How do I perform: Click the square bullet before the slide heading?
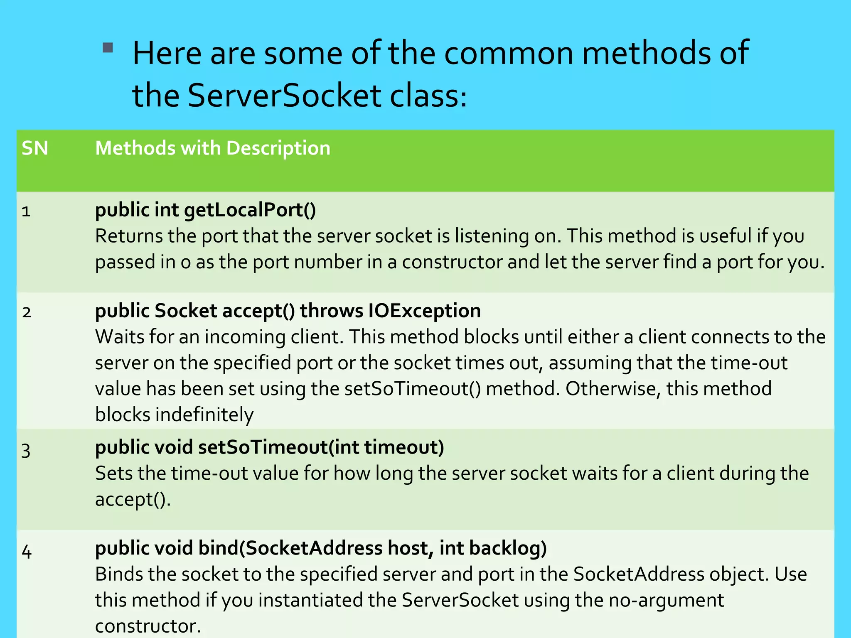click(x=108, y=48)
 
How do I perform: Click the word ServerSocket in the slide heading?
click(x=284, y=96)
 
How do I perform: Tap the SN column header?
click(x=35, y=148)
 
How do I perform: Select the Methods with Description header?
click(x=213, y=148)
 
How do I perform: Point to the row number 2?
click(x=27, y=312)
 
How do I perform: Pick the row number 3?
click(x=26, y=451)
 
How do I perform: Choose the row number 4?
click(x=27, y=552)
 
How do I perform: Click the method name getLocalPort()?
click(x=250, y=210)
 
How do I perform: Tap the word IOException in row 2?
click(x=424, y=311)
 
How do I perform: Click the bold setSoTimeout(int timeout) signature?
click(x=321, y=447)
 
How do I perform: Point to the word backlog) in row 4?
click(x=508, y=548)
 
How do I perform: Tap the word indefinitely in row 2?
click(x=204, y=415)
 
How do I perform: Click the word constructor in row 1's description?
click(x=452, y=263)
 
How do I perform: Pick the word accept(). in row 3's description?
click(x=133, y=500)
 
